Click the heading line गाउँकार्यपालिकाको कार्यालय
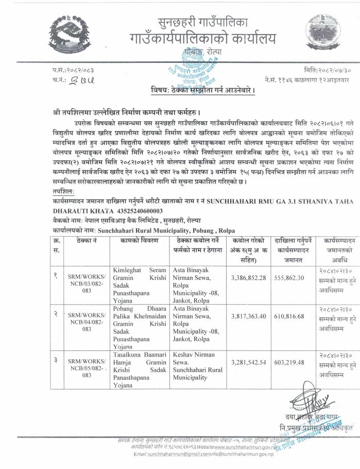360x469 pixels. (x=202, y=38)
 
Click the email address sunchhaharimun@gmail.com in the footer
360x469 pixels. (x=175, y=455)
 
